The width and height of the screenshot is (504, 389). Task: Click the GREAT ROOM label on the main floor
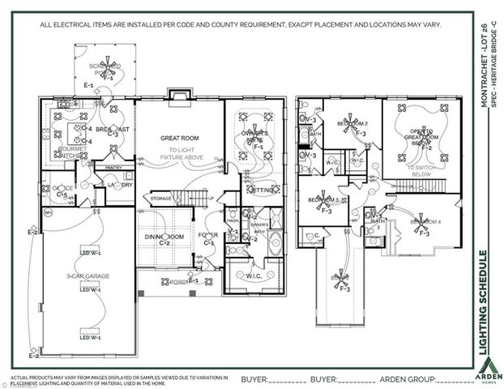tap(179, 138)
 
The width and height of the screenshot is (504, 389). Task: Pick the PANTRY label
tap(113, 168)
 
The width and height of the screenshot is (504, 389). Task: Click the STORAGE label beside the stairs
tap(161, 199)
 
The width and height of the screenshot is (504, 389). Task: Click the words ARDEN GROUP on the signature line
tap(411, 378)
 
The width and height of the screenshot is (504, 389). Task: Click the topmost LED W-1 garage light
tap(90, 252)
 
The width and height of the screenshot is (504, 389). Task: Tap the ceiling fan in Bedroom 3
tap(327, 199)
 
